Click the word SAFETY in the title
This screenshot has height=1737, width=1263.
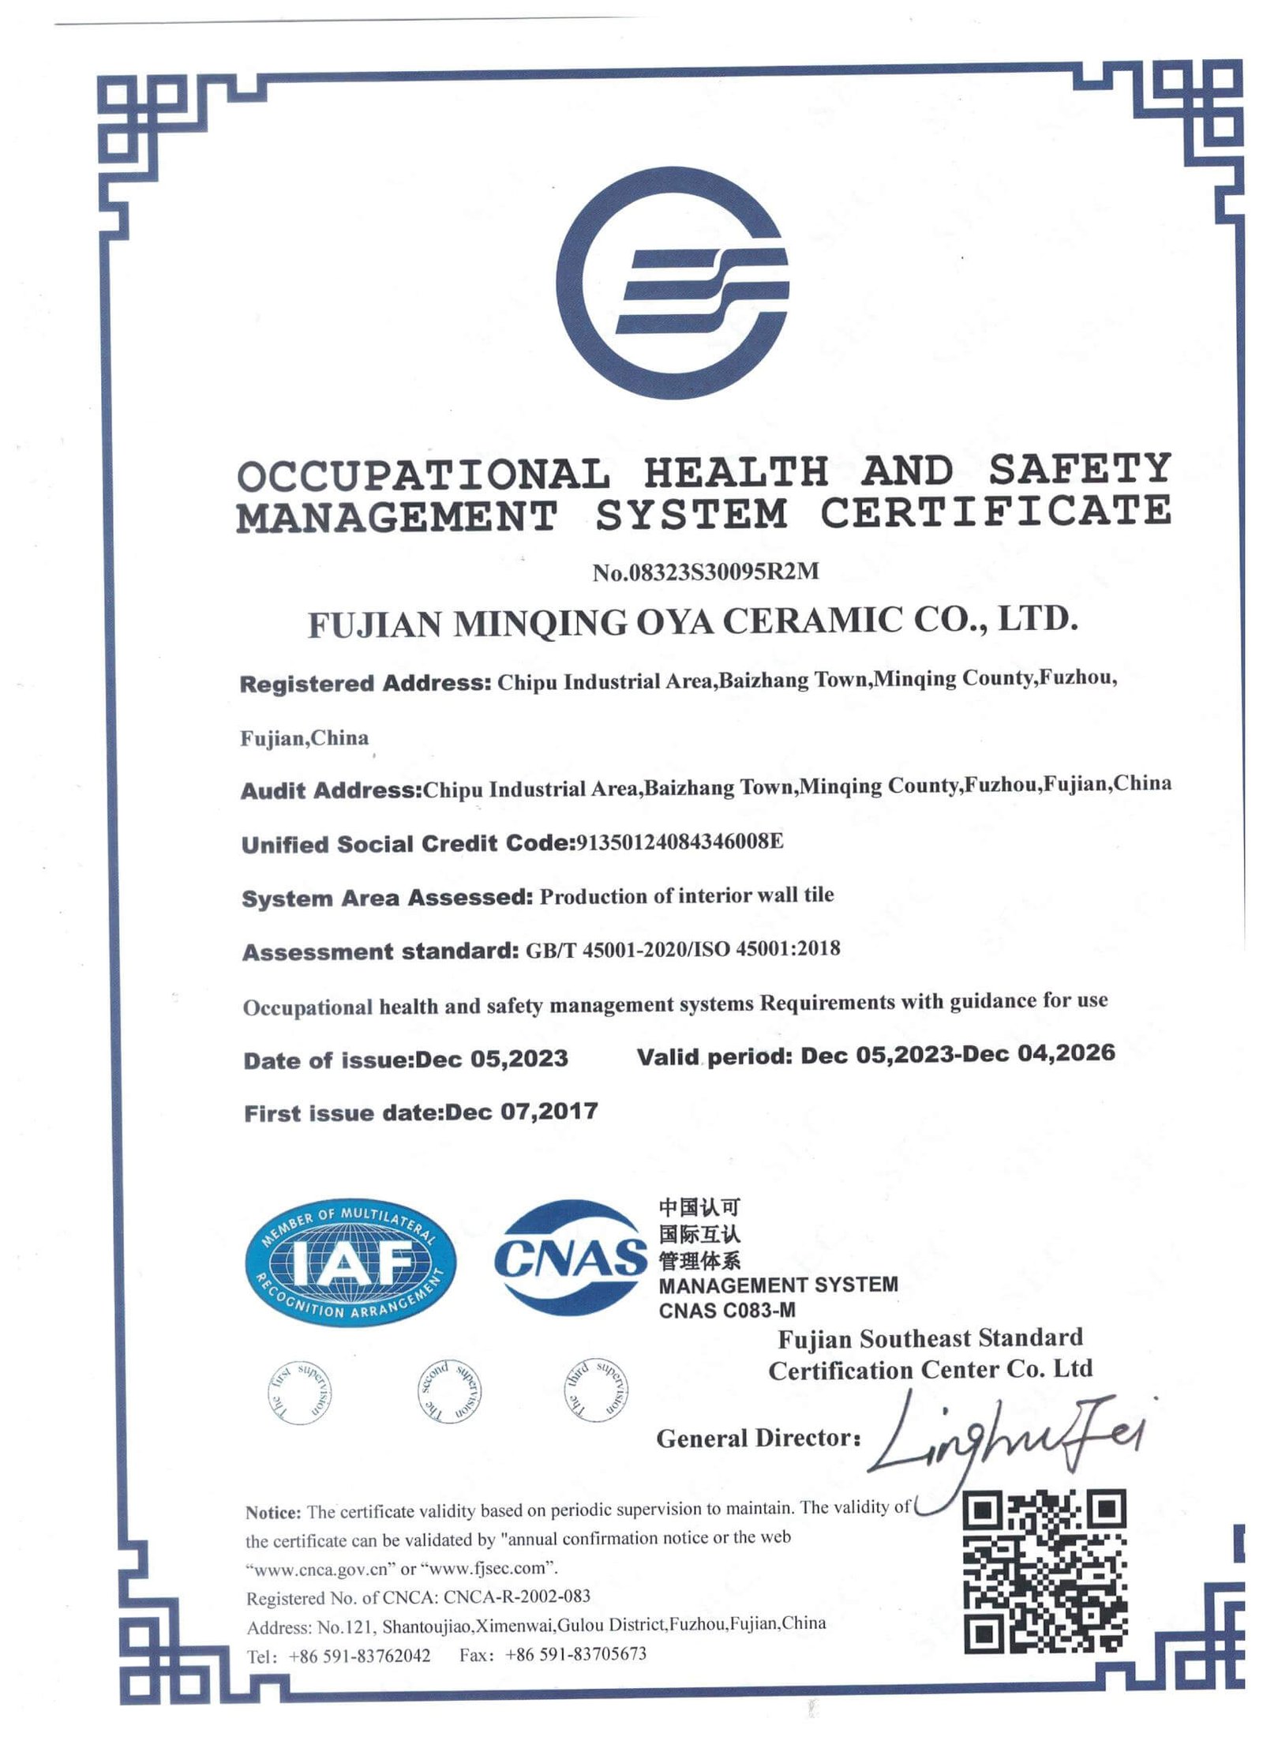[1079, 469]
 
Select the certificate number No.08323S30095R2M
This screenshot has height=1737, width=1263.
[706, 572]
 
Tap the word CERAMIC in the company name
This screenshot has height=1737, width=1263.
[812, 621]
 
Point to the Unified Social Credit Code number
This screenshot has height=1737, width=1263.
[679, 842]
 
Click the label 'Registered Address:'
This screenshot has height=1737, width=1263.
[365, 683]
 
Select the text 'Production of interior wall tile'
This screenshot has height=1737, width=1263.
[686, 895]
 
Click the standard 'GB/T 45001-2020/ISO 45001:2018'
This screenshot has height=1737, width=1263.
[682, 948]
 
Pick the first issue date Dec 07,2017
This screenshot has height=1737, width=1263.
[521, 1112]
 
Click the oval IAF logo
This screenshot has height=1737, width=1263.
[350, 1265]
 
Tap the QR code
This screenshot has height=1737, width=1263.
[1045, 1570]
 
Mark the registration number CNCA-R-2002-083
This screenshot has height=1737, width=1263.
[516, 1596]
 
